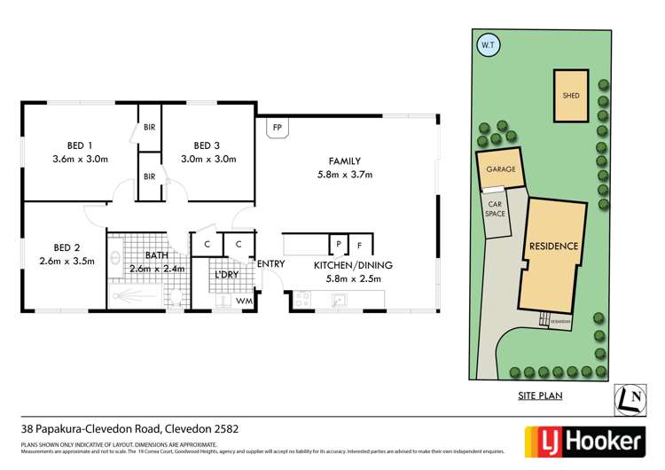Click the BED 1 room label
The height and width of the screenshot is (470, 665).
(79, 145)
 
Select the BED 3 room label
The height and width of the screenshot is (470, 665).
(206, 145)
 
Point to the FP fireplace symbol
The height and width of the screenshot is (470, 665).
(278, 128)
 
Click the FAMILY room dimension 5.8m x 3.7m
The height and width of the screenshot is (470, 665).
(344, 175)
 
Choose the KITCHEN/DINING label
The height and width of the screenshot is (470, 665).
(353, 265)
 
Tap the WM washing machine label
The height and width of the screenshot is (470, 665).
(244, 302)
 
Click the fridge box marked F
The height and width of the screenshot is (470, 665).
(360, 244)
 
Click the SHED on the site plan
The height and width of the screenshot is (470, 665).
(570, 95)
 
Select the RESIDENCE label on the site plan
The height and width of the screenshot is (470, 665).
(553, 246)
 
